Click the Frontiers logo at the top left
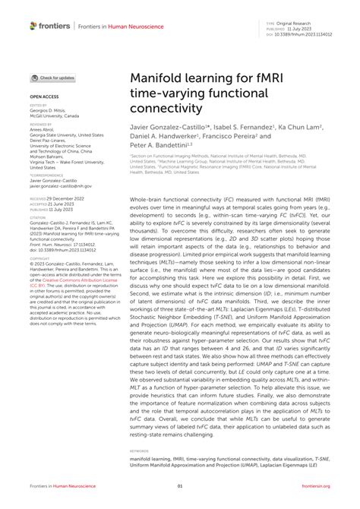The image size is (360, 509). pyautogui.click(x=49, y=26)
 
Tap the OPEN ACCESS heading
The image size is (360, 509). pyautogui.click(x=44, y=98)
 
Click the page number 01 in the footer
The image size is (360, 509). pyautogui.click(x=180, y=487)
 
